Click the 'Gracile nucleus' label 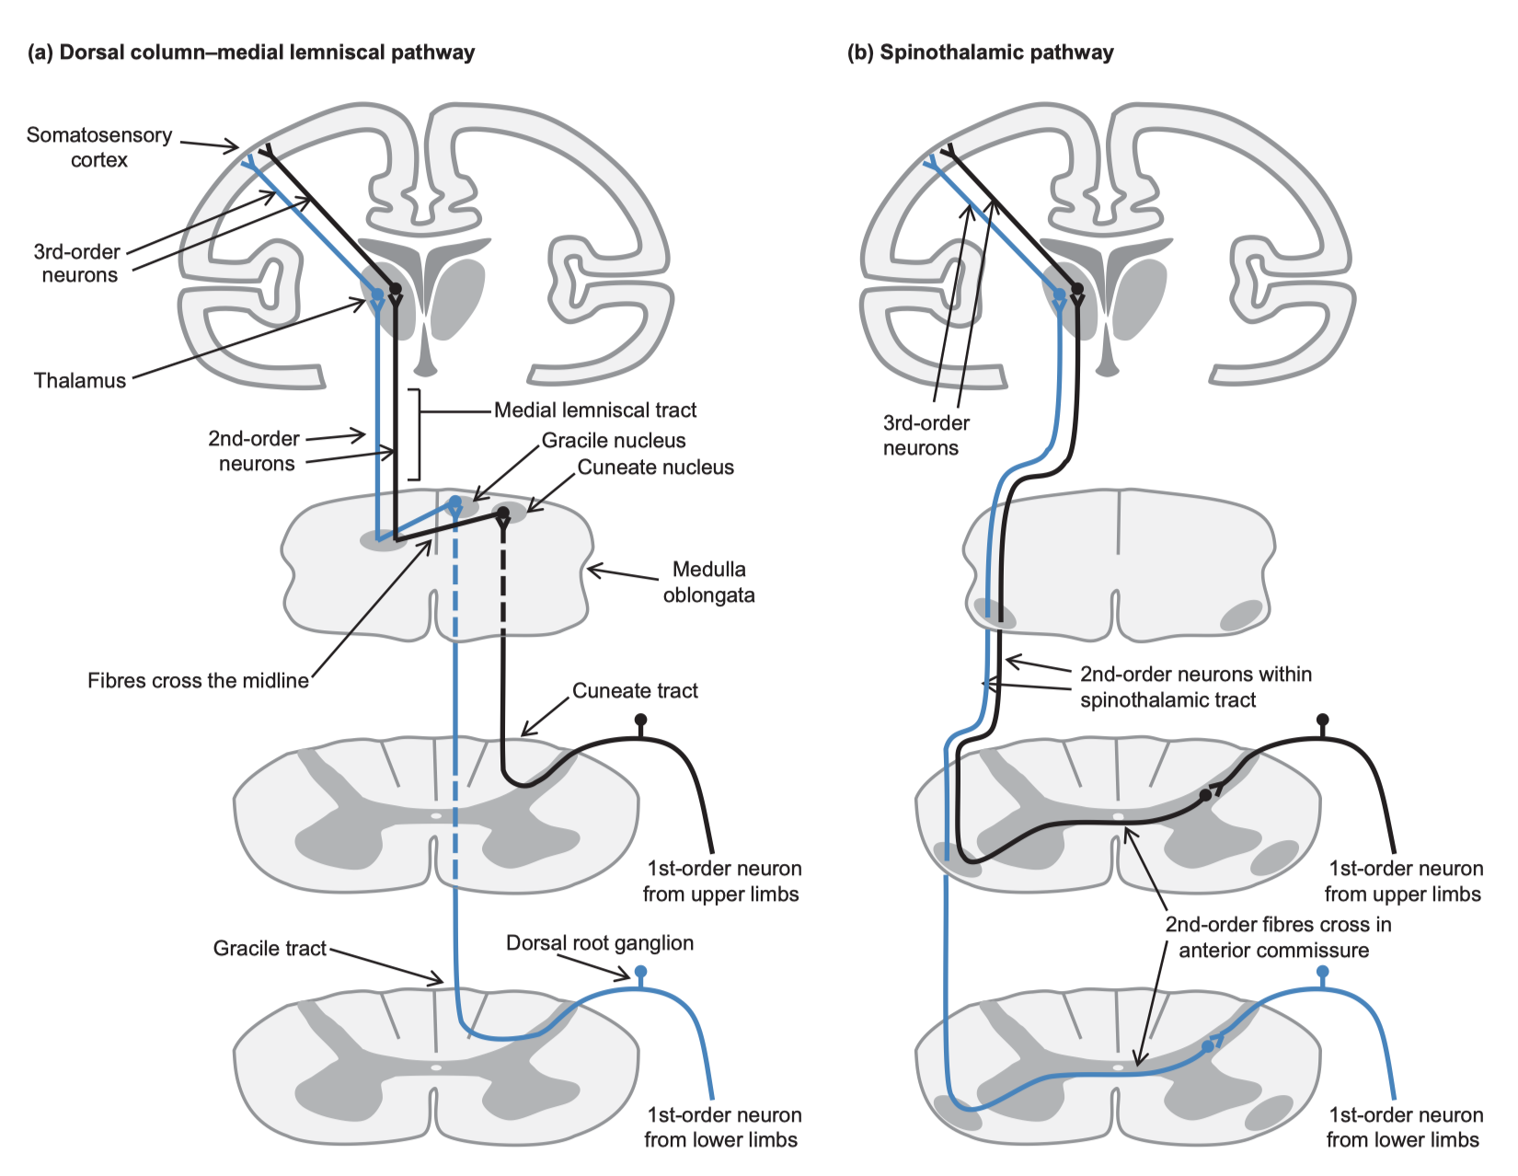click(x=613, y=441)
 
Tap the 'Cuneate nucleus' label click(x=655, y=467)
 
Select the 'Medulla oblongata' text click(x=708, y=582)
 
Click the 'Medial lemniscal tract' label click(x=595, y=410)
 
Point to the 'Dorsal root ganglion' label click(x=600, y=943)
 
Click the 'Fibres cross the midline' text click(x=198, y=681)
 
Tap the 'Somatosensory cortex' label click(x=99, y=147)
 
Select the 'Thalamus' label click(x=80, y=381)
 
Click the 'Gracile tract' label click(x=270, y=949)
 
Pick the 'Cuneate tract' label click(x=635, y=691)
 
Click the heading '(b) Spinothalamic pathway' click(x=980, y=52)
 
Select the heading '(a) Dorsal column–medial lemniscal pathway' click(x=251, y=52)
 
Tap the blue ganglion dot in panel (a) click(x=641, y=972)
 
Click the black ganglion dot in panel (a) click(x=641, y=720)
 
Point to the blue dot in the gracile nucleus click(x=454, y=502)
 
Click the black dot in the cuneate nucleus click(x=502, y=513)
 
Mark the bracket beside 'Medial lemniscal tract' click(x=417, y=434)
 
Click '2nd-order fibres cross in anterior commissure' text click(x=1277, y=938)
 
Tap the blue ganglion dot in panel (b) click(x=1323, y=972)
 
